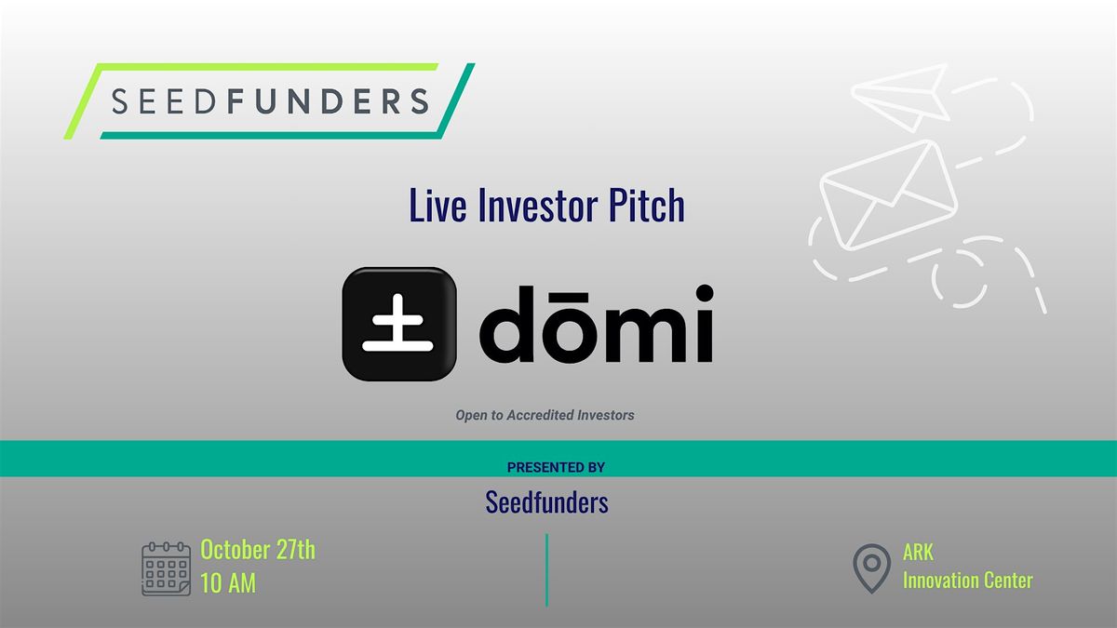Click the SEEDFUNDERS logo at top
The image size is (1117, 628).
click(269, 101)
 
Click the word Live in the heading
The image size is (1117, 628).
click(437, 205)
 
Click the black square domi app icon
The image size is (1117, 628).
click(399, 324)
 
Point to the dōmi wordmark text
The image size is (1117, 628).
click(597, 324)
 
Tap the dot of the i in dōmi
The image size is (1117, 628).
click(705, 294)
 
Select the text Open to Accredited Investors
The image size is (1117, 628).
click(545, 415)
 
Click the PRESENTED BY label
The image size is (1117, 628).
click(556, 467)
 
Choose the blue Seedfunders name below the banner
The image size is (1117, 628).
click(547, 501)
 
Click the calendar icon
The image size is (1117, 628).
click(166, 568)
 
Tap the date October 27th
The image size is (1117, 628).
click(258, 550)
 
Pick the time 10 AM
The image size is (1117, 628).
click(228, 583)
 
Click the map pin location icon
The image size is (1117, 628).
click(871, 568)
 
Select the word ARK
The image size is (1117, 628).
click(918, 553)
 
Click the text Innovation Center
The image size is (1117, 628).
click(968, 581)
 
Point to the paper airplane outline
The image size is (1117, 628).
click(901, 97)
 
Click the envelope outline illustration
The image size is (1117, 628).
click(889, 194)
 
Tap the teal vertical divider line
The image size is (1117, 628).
click(547, 570)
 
